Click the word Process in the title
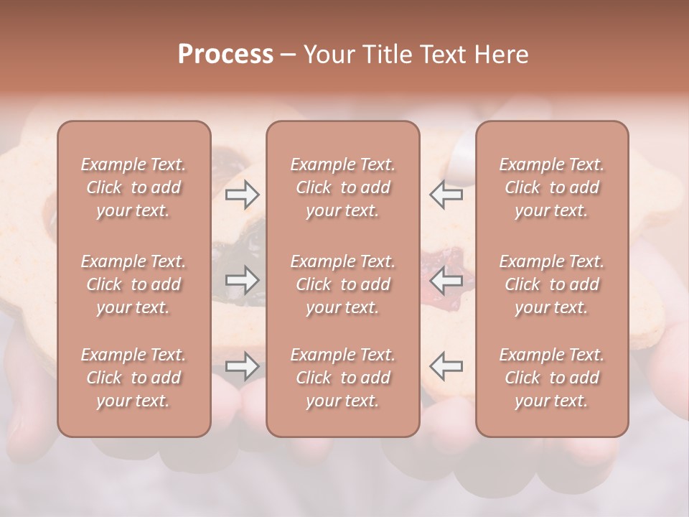click(225, 55)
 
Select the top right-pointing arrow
click(242, 195)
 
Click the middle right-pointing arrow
click(242, 280)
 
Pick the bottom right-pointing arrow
click(242, 366)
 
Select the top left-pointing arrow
click(446, 195)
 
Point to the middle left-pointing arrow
click(446, 280)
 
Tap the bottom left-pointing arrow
click(446, 366)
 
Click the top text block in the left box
click(133, 187)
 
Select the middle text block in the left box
click(133, 284)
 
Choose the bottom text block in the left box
click(133, 378)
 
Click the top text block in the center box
click(342, 187)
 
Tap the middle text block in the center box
click(342, 284)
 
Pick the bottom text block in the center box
click(342, 378)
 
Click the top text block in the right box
click(551, 187)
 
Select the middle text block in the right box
click(551, 284)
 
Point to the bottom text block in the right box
click(551, 378)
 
